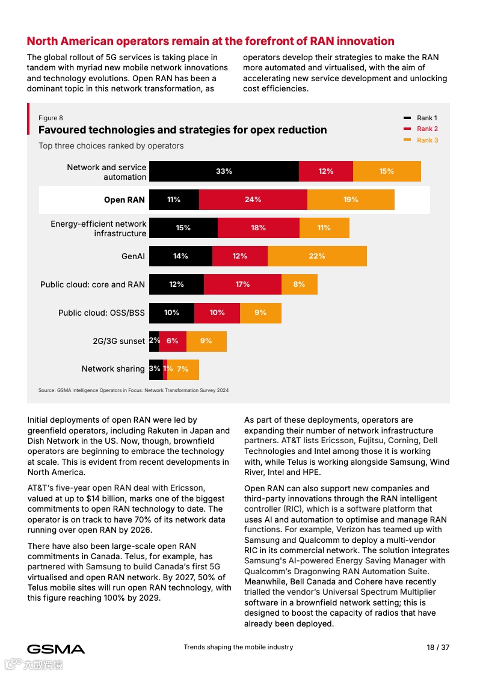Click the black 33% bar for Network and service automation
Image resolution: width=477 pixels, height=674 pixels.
point(224,171)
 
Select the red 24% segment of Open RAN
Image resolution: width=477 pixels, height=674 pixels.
point(253,200)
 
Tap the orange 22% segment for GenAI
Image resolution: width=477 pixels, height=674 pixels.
point(317,256)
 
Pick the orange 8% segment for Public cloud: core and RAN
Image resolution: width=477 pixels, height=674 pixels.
point(299,284)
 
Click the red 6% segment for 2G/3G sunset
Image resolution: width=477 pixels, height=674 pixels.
point(173,341)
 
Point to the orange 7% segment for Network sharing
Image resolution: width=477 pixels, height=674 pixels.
point(183,369)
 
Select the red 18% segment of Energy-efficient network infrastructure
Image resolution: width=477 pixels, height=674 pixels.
point(258,228)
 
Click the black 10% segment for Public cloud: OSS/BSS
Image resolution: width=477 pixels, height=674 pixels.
point(171,313)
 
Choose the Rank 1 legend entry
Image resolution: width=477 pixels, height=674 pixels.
point(420,118)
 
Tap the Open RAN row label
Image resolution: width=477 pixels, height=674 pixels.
point(125,200)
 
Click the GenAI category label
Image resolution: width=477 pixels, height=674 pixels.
point(133,256)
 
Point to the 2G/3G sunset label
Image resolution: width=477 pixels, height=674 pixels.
point(118,341)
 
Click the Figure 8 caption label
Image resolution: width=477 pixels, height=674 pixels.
point(51,118)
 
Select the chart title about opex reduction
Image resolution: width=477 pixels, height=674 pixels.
point(182,130)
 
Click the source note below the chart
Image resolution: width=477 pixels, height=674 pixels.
point(134,390)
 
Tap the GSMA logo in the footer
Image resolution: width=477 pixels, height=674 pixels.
point(56,649)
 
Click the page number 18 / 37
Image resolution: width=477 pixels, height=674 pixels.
point(438,648)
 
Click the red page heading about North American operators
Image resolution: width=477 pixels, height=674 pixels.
point(211,41)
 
